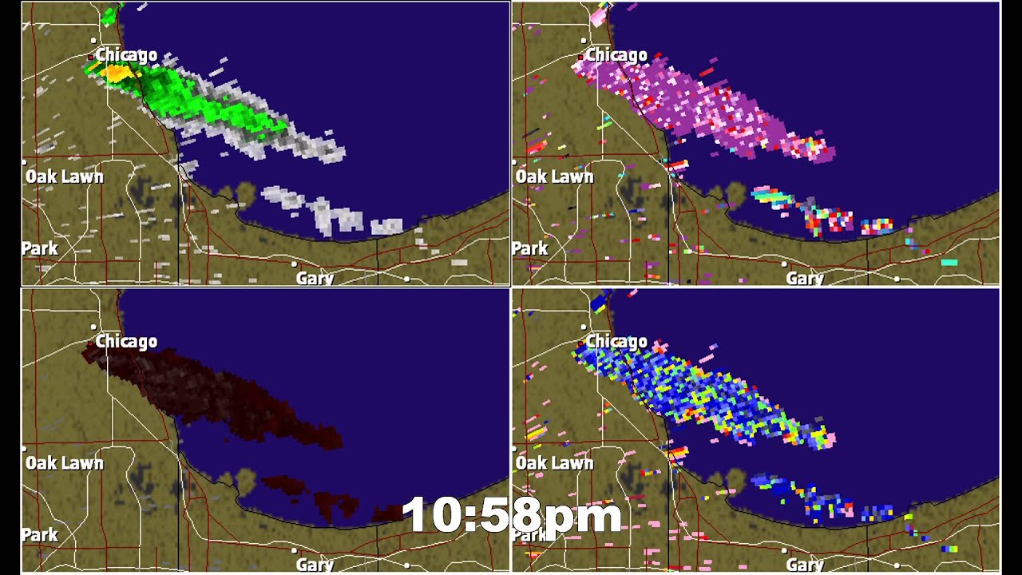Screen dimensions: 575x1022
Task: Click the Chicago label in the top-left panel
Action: point(126,55)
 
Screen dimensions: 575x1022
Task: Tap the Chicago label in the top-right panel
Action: point(616,55)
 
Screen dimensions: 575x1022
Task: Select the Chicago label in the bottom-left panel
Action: point(126,342)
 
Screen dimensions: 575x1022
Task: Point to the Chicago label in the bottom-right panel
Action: point(616,342)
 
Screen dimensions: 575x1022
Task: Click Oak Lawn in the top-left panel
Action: point(65,176)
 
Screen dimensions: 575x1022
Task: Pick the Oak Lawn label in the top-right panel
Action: point(555,176)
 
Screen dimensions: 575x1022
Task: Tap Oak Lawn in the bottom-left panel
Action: point(65,463)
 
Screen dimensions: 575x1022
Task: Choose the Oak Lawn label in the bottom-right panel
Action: point(555,463)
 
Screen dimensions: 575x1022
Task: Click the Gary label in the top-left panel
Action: point(315,279)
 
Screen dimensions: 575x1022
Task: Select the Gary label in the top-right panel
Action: point(805,279)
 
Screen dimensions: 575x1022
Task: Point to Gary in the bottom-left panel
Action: point(315,565)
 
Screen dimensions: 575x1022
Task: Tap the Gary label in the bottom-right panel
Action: point(805,565)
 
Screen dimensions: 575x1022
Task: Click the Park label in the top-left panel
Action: point(40,248)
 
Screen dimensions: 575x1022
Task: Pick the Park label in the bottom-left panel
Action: point(40,535)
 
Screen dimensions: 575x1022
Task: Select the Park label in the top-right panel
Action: point(530,248)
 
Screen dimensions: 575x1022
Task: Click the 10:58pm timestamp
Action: point(512,515)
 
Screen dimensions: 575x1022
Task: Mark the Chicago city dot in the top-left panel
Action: point(93,40)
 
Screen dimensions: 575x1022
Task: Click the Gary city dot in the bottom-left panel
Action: point(295,550)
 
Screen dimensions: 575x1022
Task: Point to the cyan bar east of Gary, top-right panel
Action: point(949,262)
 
